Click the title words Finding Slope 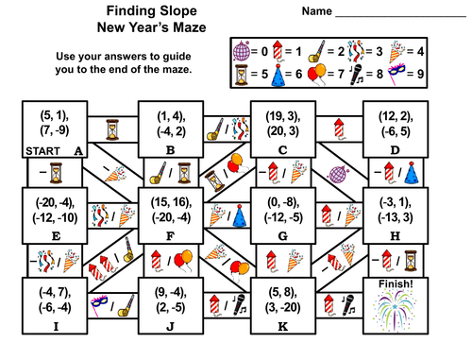coord(139,11)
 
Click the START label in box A coord(39,149)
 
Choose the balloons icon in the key coord(344,72)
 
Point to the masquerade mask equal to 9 coord(430,73)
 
